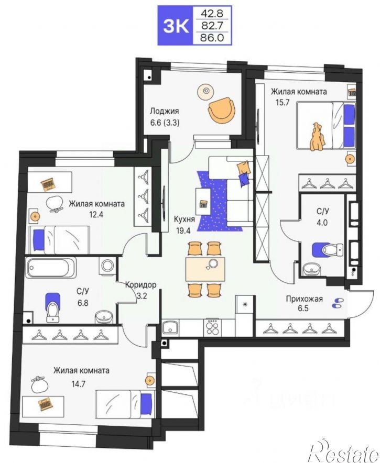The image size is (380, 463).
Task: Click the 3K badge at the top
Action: [x=176, y=26]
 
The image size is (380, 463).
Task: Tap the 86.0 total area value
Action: [x=212, y=38]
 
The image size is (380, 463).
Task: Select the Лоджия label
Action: [x=164, y=111]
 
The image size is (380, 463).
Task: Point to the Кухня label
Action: [x=184, y=219]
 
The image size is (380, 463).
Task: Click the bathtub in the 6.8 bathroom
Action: [x=51, y=268]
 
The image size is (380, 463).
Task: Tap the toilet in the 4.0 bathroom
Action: [x=328, y=249]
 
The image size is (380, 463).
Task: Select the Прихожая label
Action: [x=304, y=299]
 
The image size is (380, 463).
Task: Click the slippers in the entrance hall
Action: [x=338, y=303]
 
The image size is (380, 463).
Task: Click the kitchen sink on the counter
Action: [x=170, y=327]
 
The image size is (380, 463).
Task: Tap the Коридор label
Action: [x=140, y=285]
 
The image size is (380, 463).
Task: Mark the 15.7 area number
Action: [x=283, y=103]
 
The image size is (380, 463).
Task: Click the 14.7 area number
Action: [x=78, y=384]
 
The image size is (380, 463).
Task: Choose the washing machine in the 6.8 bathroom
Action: [x=107, y=265]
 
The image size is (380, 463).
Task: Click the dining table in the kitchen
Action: [x=205, y=269]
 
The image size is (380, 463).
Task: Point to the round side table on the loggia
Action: [x=205, y=91]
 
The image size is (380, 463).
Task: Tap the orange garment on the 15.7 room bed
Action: [x=317, y=137]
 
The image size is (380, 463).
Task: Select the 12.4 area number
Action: [x=96, y=214]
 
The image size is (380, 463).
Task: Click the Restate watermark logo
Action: [x=343, y=452]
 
